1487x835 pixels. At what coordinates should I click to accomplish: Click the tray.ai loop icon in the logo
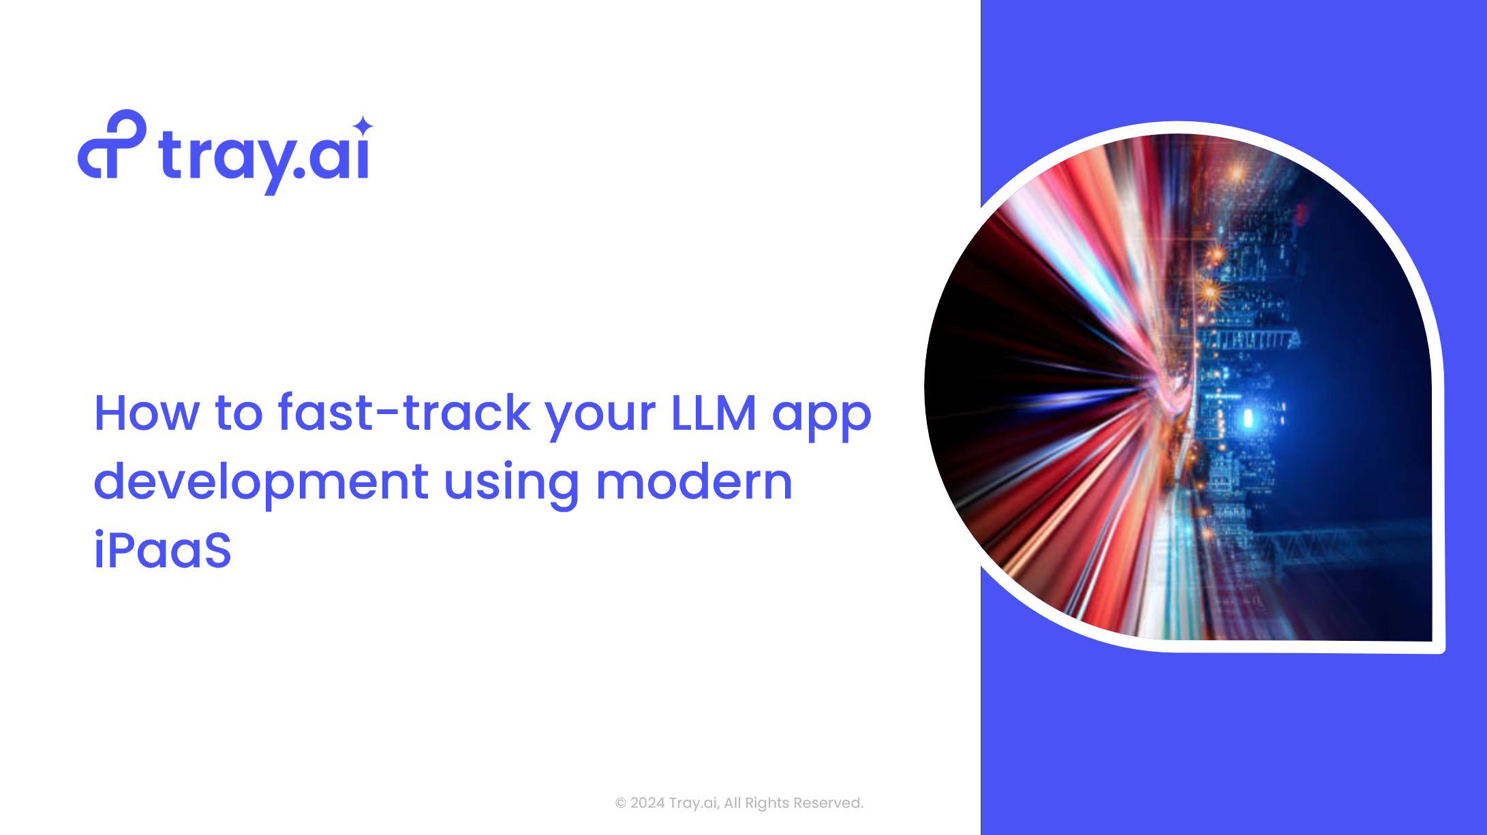pyautogui.click(x=112, y=144)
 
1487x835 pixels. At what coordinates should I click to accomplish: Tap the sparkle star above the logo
pyautogui.click(x=364, y=126)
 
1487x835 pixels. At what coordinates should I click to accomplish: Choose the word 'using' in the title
pyautogui.click(x=512, y=484)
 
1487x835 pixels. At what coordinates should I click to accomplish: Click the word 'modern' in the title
pyautogui.click(x=694, y=481)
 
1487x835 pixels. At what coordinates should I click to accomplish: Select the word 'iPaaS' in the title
pyautogui.click(x=162, y=549)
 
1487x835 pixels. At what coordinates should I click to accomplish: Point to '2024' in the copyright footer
pyautogui.click(x=647, y=803)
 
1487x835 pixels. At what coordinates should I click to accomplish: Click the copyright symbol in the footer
pyautogui.click(x=621, y=804)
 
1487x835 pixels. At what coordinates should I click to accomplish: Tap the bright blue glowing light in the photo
pyautogui.click(x=1248, y=417)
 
